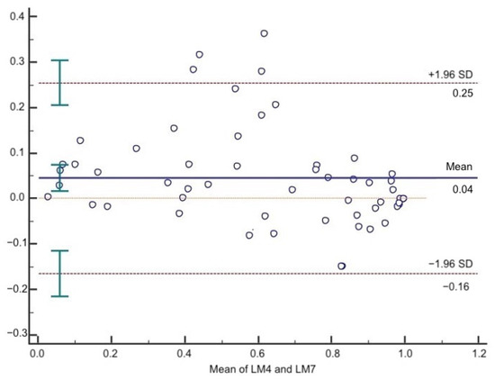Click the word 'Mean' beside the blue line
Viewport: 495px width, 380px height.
pyautogui.click(x=458, y=167)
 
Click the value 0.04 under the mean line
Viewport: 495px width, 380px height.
pyautogui.click(x=463, y=188)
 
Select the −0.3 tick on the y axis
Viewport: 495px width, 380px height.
pyautogui.click(x=15, y=333)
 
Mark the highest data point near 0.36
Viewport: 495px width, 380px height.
pyautogui.click(x=264, y=33)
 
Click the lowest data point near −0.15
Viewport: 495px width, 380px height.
pyautogui.click(x=341, y=266)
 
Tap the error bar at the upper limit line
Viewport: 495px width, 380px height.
pyautogui.click(x=59, y=83)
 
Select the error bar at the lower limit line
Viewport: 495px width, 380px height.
pyautogui.click(x=59, y=273)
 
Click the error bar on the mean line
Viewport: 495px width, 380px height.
pyautogui.click(x=59, y=177)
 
